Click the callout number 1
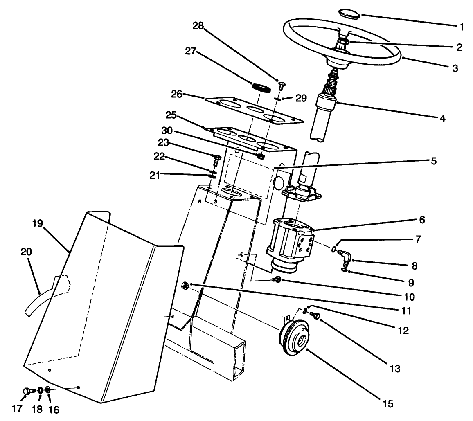click(x=462, y=27)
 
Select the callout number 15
click(x=388, y=404)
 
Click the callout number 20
click(x=26, y=252)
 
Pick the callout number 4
click(x=441, y=119)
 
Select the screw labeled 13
click(x=315, y=315)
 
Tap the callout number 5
click(x=433, y=160)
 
